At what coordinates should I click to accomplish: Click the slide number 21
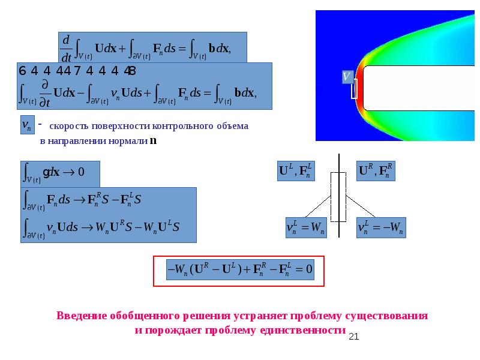click(x=353, y=337)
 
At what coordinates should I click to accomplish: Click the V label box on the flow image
click(x=346, y=76)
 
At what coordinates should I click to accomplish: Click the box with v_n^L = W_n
click(x=305, y=228)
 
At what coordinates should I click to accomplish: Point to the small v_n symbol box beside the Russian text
click(x=27, y=125)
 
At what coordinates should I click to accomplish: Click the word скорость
click(x=67, y=127)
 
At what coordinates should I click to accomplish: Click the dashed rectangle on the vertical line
click(x=338, y=194)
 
